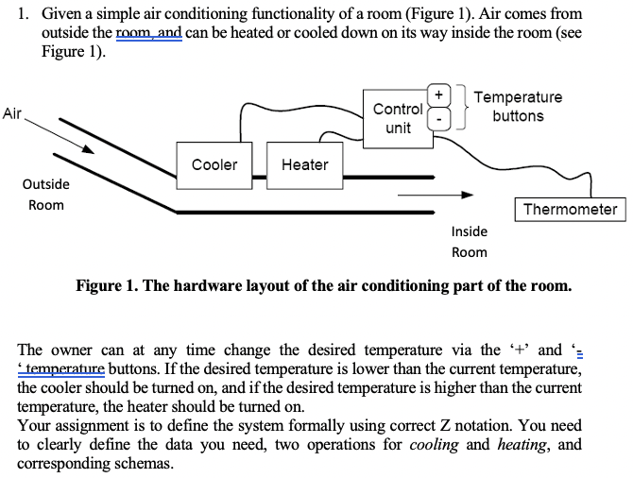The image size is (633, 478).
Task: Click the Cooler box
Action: pyautogui.click(x=214, y=164)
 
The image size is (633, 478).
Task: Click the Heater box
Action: pyautogui.click(x=304, y=164)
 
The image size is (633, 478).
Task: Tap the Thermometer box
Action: pyautogui.click(x=570, y=210)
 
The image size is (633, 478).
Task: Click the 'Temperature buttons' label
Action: pyautogui.click(x=518, y=107)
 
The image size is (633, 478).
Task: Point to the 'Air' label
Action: pyautogui.click(x=13, y=114)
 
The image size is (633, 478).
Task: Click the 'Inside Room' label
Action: pyautogui.click(x=470, y=242)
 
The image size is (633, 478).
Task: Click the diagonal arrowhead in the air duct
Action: pyautogui.click(x=87, y=148)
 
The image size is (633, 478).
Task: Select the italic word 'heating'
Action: pyautogui.click(x=523, y=445)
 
